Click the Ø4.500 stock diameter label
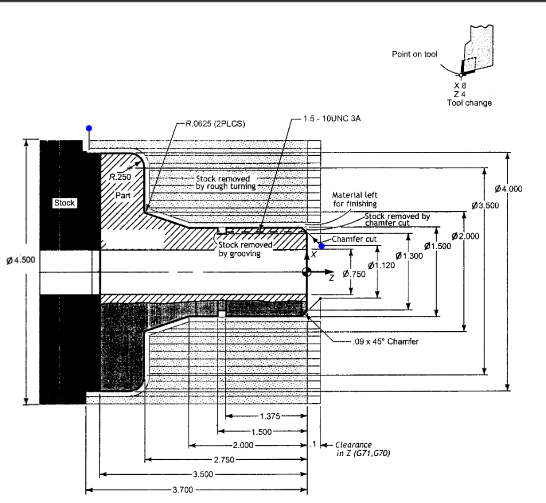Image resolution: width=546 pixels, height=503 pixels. click(20, 260)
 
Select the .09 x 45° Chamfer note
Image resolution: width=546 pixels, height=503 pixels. click(386, 341)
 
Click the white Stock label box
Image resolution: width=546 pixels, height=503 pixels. click(65, 203)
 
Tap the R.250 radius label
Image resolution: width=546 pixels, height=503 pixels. click(120, 176)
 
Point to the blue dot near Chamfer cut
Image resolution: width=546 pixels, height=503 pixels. click(322, 246)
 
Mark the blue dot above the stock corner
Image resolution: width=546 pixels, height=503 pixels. click(89, 129)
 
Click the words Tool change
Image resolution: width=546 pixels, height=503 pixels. click(469, 103)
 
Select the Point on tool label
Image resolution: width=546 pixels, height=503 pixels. click(414, 54)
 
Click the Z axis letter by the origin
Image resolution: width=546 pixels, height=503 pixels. click(331, 278)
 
